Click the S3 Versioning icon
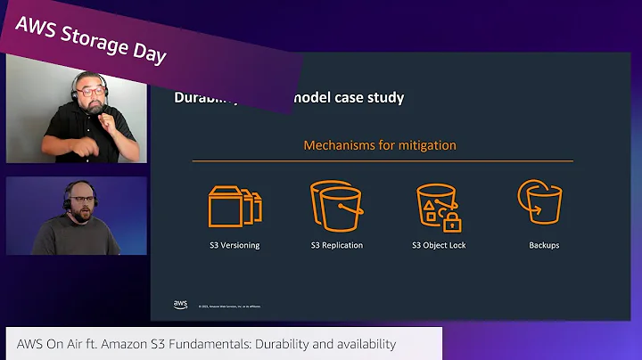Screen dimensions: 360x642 235,207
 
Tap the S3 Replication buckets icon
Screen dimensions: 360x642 337,207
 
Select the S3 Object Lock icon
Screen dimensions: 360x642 439,207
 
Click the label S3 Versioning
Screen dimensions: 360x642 235,245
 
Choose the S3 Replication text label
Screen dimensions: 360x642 337,245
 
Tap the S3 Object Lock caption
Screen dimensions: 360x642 439,245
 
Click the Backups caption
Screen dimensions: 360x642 543,245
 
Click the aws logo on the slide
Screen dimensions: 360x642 180,305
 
